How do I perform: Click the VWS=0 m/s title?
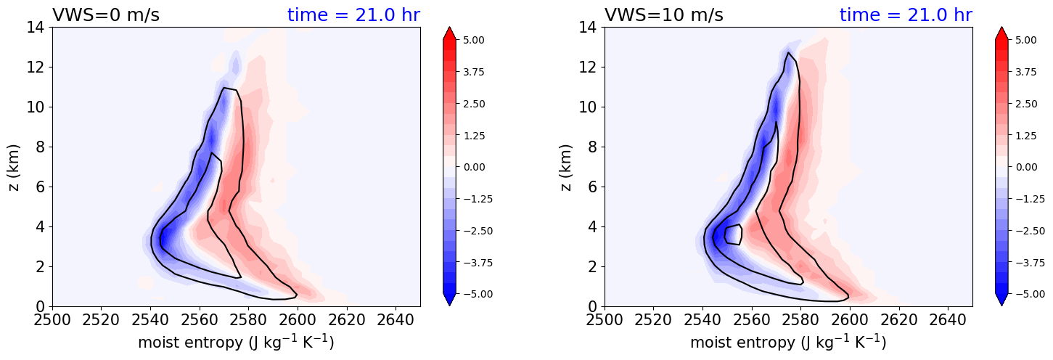[x=106, y=15]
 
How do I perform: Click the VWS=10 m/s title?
[x=663, y=15]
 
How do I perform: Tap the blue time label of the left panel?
[x=353, y=15]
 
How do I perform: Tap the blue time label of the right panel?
[x=906, y=15]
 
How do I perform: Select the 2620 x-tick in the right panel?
[x=898, y=320]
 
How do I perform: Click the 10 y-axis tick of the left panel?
[x=35, y=107]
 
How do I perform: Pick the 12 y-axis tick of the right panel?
[x=587, y=67]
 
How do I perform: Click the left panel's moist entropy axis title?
[x=236, y=342]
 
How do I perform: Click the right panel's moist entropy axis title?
[x=788, y=342]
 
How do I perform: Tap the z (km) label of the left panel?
[x=15, y=167]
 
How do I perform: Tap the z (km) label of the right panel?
[x=567, y=167]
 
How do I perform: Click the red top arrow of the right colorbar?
[x=1001, y=33]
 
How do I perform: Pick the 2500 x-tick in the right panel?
[x=605, y=320]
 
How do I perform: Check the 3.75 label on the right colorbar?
[x=1028, y=72]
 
